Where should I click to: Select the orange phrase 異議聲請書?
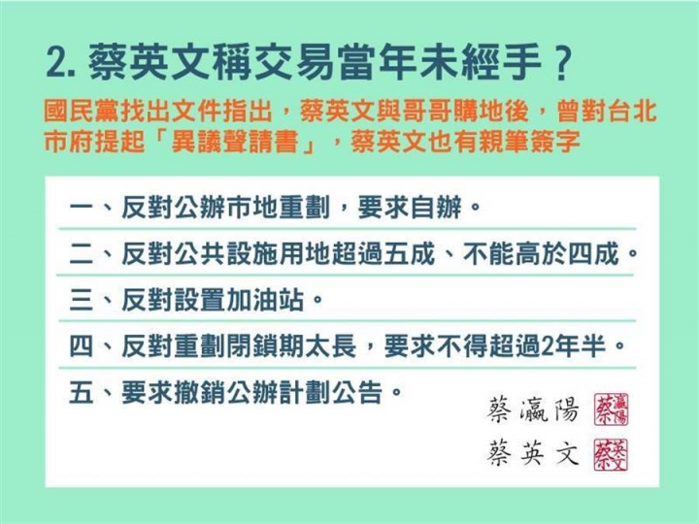coord(235,142)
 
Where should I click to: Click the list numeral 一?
coord(82,208)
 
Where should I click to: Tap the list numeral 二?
coord(82,254)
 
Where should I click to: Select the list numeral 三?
coord(82,300)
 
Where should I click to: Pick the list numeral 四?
coord(82,346)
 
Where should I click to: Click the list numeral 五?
coord(82,393)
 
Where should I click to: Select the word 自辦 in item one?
coord(436,208)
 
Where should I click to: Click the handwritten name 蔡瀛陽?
coord(533,409)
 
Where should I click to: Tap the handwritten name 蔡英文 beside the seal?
coord(533,453)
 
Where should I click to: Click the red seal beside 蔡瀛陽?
coord(611,409)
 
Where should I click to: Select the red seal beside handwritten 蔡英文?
coord(611,454)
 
